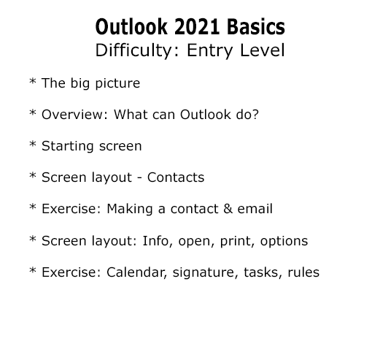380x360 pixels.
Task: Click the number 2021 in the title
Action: [197, 27]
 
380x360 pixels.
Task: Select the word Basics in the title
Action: [256, 27]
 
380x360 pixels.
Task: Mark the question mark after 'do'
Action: [255, 114]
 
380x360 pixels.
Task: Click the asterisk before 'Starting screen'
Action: [33, 144]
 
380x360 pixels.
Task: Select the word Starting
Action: [68, 146]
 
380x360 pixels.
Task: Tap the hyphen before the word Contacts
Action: [139, 178]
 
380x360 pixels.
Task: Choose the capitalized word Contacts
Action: [176, 177]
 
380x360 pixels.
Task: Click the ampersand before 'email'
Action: [228, 209]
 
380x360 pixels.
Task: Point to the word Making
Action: [130, 210]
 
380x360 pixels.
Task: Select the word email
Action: [255, 209]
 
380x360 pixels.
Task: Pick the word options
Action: [284, 242]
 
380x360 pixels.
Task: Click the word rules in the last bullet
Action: [303, 272]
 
